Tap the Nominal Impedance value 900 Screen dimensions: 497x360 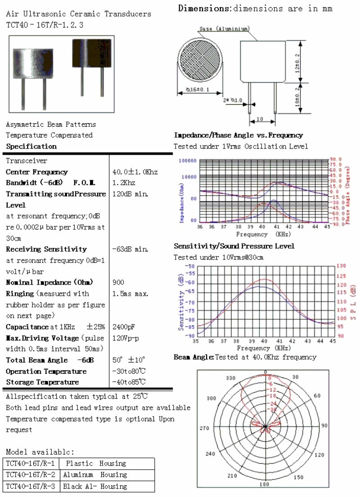coord(118,282)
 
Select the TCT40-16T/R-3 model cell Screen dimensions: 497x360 coord(31,486)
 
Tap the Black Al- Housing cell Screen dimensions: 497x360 coord(95,486)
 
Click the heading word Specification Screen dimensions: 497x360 coord(31,146)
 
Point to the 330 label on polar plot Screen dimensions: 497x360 coord(230,378)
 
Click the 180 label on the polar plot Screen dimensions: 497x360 coord(265,484)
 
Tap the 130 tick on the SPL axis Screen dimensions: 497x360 coord(341,266)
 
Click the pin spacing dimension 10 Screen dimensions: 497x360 coord(260,119)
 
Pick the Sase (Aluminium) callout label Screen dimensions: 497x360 coord(224,29)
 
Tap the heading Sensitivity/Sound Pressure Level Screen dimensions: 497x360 coord(234,246)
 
